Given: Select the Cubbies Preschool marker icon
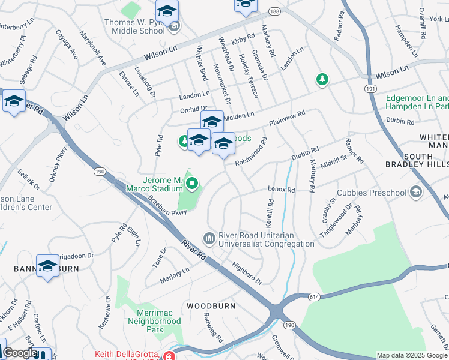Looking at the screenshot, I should coord(415,192).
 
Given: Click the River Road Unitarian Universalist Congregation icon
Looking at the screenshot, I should coord(209,239).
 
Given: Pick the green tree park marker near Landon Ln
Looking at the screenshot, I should coord(322,80).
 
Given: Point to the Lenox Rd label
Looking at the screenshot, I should coord(282,190).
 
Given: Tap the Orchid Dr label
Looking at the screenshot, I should coord(193,109).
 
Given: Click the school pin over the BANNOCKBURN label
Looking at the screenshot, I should coord(47,266).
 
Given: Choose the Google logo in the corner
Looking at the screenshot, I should coord(20,353).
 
